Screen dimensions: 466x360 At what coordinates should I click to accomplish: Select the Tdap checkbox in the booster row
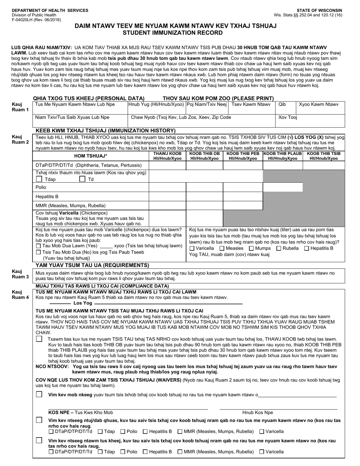pos(39,179)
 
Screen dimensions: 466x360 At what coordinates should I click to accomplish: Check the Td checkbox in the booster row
pos(82,179)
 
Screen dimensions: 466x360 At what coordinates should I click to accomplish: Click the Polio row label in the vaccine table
pos(41,188)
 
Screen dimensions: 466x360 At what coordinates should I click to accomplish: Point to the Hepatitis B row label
pos(47,197)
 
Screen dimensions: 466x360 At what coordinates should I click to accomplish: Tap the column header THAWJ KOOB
pos(167,154)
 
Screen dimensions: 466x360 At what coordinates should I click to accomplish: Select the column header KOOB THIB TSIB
pos(324,154)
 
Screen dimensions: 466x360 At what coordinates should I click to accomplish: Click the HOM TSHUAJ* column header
pos(91,156)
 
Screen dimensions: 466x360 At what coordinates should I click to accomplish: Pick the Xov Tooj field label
pos(288,117)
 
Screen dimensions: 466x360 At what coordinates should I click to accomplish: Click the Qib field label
pos(282,104)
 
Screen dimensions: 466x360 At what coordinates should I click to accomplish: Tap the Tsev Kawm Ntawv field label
pos(251,104)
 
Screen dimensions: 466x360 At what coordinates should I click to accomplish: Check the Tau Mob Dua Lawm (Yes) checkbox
pos(38,246)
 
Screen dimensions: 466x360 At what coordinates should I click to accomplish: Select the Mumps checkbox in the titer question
pos(252,248)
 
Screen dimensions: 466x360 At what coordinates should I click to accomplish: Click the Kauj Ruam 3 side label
pos(20,274)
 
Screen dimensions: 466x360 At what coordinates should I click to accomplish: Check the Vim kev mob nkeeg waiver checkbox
pos(39,394)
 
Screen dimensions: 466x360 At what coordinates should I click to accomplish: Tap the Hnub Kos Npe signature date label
pos(258,413)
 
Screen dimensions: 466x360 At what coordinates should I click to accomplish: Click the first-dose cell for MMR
pos(167,206)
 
